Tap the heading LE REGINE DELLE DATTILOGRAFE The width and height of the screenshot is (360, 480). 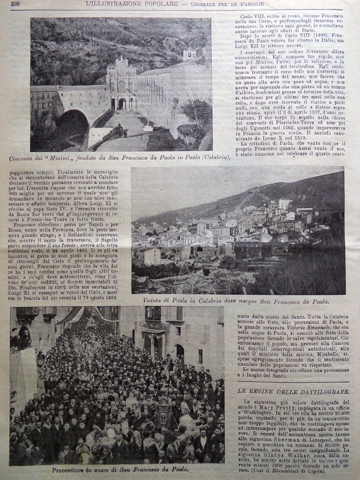tap(293, 391)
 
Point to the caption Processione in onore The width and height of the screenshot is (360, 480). tap(120, 469)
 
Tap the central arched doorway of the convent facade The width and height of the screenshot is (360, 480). tap(122, 104)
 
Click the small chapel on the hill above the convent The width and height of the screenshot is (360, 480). tap(189, 54)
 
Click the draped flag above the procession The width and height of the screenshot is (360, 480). tap(70, 315)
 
